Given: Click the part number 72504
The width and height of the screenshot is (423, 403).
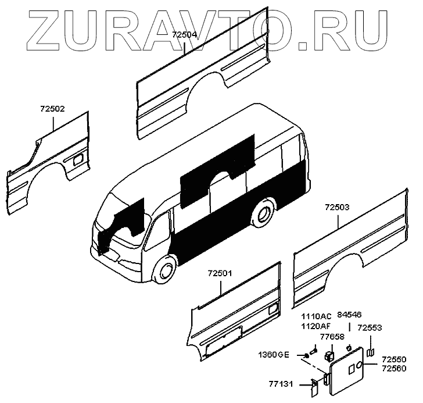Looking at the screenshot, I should [185, 35].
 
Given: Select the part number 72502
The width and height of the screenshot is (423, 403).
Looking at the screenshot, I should [52, 109].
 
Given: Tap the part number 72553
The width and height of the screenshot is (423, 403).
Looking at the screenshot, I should [370, 328].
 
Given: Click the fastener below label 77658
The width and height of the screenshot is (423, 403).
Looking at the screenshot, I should [330, 353].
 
